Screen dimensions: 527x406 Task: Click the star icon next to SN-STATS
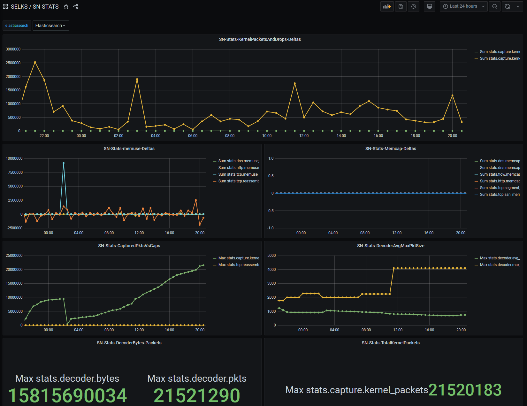pyautogui.click(x=66, y=6)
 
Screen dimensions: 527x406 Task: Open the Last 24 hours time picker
pyautogui.click(x=463, y=6)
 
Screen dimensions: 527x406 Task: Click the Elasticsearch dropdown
pyautogui.click(x=51, y=26)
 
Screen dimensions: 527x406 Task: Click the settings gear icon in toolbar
pyautogui.click(x=414, y=6)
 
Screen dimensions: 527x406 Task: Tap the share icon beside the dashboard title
pyautogui.click(x=76, y=6)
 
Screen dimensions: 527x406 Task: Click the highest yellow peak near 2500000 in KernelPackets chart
pyautogui.click(x=35, y=62)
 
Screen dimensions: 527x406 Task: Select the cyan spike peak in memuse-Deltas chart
pyautogui.click(x=64, y=163)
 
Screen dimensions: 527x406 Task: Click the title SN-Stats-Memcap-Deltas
pyautogui.click(x=391, y=149)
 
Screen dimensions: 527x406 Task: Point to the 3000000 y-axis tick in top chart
pyautogui.click(x=13, y=49)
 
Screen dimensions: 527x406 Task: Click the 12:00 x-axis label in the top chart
pyautogui.click(x=304, y=135)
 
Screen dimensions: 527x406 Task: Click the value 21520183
pyautogui.click(x=465, y=390)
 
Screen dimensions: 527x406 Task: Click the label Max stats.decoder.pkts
pyautogui.click(x=197, y=378)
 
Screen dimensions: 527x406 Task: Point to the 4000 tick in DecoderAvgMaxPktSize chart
pyautogui.click(x=271, y=270)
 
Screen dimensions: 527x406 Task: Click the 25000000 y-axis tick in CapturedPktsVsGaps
pyautogui.click(x=14, y=256)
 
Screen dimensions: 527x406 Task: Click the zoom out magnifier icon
pyautogui.click(x=495, y=6)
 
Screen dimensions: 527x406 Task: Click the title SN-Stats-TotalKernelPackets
pyautogui.click(x=391, y=343)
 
